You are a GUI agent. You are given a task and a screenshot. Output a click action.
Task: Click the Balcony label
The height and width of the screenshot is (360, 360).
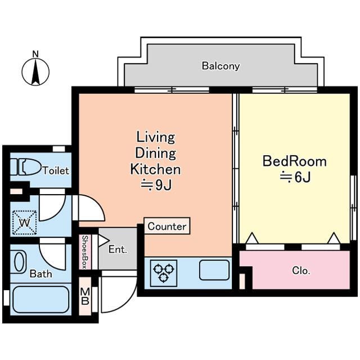click(220, 66)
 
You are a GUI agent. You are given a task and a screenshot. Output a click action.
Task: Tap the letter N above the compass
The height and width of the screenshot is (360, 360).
click(35, 54)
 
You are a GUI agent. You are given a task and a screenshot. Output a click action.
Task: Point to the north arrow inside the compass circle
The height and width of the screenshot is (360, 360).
click(35, 71)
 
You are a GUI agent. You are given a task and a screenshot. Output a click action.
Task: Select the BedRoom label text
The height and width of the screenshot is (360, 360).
click(294, 161)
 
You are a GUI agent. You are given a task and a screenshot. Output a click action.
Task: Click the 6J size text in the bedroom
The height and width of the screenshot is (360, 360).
click(295, 177)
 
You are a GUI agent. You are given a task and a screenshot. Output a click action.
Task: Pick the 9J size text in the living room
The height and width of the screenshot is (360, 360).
click(156, 185)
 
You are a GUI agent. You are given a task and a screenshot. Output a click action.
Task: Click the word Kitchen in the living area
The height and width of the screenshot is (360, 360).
click(155, 169)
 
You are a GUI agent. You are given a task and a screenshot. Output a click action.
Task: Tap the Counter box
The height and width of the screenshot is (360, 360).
click(167, 226)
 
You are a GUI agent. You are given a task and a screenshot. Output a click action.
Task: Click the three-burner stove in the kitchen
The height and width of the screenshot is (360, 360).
click(164, 273)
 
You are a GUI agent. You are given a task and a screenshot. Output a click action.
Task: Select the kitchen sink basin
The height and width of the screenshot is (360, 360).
click(214, 270)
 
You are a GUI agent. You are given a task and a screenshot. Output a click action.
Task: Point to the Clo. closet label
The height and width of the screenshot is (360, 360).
click(301, 271)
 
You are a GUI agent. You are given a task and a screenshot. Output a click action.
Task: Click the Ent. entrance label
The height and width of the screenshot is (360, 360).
click(118, 249)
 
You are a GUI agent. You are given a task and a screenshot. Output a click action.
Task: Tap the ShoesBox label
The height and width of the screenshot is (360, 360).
click(85, 251)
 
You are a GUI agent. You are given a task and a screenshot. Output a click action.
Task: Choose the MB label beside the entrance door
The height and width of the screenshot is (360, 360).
click(85, 296)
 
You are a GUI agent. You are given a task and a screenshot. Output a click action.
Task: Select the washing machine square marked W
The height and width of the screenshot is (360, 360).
click(25, 223)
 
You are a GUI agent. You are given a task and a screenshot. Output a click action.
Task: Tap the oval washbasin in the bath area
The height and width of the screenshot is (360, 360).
click(20, 262)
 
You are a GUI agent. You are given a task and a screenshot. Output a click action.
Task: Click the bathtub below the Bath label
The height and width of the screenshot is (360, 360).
click(41, 300)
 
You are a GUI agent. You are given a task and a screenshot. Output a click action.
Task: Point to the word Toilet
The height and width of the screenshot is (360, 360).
click(56, 170)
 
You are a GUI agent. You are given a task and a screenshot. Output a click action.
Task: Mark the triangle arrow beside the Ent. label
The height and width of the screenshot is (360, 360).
click(103, 241)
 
